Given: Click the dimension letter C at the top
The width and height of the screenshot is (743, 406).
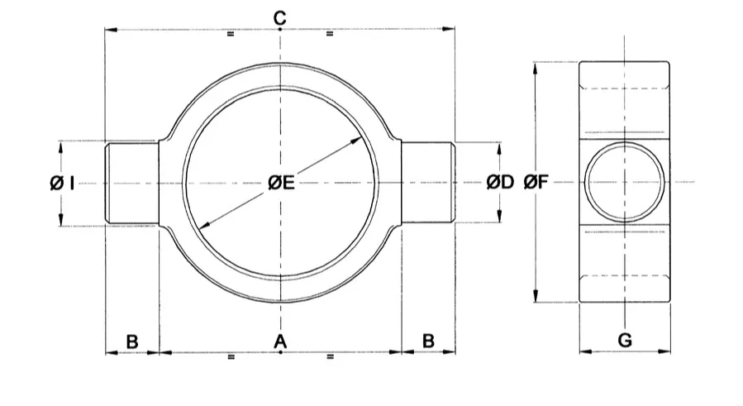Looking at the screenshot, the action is [280, 18].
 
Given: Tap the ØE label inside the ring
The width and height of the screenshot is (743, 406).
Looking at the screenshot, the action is [282, 182].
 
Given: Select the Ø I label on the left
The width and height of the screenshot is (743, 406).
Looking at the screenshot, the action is [62, 183].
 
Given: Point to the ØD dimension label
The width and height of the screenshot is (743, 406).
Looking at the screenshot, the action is [500, 182].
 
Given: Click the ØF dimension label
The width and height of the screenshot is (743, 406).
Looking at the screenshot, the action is [536, 182].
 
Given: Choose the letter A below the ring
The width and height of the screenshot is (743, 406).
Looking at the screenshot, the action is [280, 341].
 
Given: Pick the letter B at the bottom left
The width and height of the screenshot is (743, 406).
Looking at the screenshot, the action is [132, 342].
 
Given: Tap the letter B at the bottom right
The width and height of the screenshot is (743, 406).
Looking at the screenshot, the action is [428, 341].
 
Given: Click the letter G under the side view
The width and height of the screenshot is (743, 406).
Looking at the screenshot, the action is [625, 340].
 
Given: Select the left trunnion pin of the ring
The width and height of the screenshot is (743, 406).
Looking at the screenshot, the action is [131, 183].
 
